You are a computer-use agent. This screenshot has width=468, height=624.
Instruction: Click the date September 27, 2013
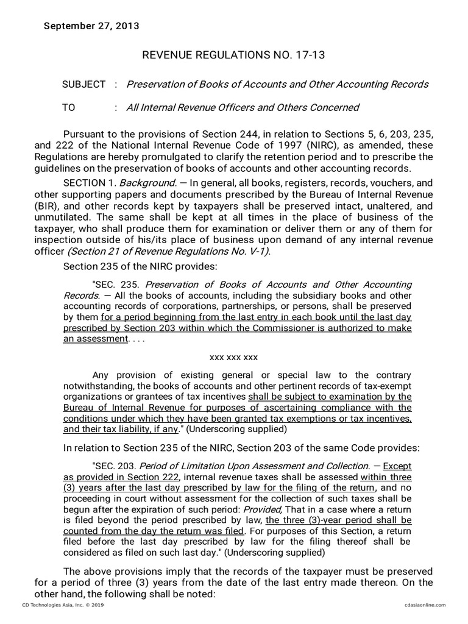91,26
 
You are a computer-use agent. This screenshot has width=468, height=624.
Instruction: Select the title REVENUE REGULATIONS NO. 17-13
233,55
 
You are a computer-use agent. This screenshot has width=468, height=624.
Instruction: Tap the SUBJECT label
83,84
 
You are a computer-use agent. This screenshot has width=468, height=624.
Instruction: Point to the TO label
69,108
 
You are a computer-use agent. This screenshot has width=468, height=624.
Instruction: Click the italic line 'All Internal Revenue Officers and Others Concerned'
242,108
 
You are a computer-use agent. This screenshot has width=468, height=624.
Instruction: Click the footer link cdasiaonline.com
424,604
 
